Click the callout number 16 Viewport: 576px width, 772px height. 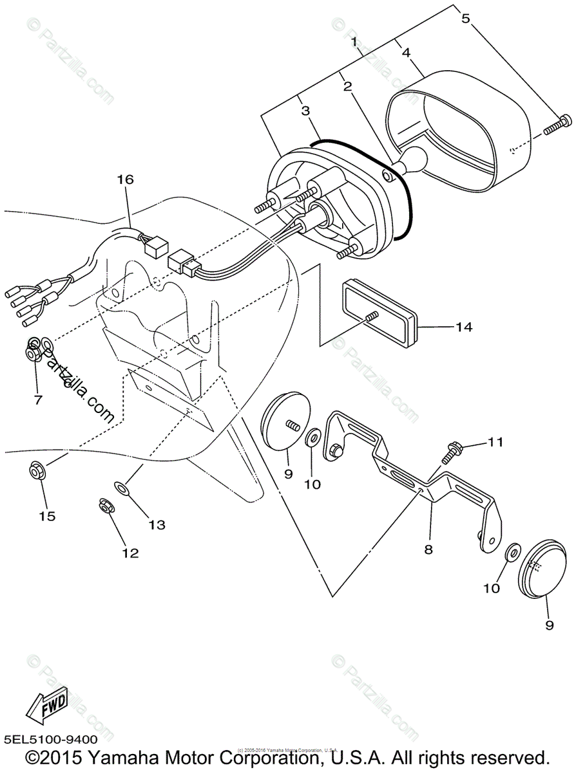(125, 179)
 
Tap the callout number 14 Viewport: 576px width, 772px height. (464, 327)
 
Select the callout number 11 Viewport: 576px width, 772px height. (494, 442)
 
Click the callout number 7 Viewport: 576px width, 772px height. (37, 400)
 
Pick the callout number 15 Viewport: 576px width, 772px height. (48, 515)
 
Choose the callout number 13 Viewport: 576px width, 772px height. (157, 524)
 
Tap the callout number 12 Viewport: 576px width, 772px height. (130, 553)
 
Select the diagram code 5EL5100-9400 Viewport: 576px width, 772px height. (50, 740)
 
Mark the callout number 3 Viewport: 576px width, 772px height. (305, 111)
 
